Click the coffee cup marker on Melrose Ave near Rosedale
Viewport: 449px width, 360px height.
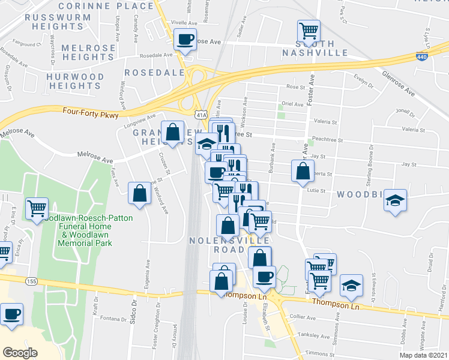coord(185,40)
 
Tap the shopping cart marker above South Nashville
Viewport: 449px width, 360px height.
coord(309,29)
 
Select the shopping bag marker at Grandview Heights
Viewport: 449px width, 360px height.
coord(173,133)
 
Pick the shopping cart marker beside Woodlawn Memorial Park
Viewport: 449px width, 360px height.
coord(37,209)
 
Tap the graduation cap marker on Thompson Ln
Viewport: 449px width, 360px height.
coord(351,285)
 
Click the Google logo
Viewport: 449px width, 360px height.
coord(20,352)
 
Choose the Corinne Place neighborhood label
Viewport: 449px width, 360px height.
coord(114,6)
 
